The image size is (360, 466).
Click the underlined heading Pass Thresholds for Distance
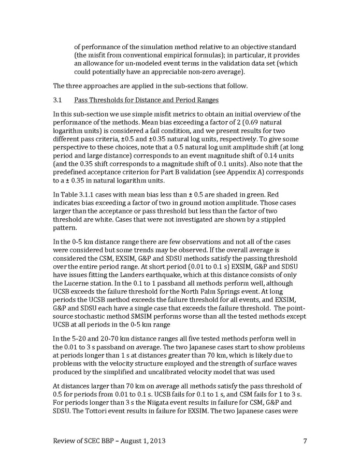[x=124, y=99]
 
